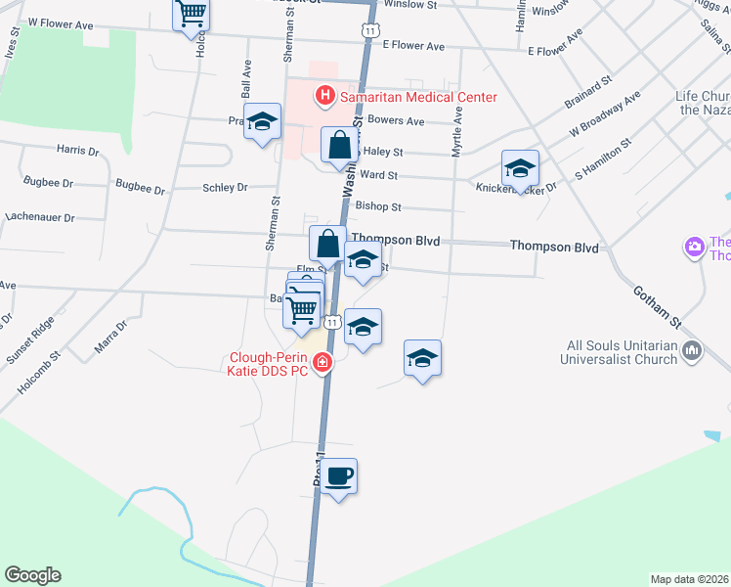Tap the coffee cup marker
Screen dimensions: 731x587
pyautogui.click(x=339, y=477)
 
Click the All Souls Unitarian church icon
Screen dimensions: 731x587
pyautogui.click(x=693, y=349)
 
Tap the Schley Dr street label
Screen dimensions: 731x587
pyautogui.click(x=226, y=187)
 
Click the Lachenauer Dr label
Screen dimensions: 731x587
pyautogui.click(x=40, y=217)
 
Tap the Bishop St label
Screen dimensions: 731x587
pyautogui.click(x=378, y=207)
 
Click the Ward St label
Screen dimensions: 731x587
pyautogui.click(x=378, y=175)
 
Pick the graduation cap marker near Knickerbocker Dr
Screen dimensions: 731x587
pyautogui.click(x=520, y=168)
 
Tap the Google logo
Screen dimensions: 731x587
pyautogui.click(x=32, y=575)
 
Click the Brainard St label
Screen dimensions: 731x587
pyautogui.click(x=587, y=92)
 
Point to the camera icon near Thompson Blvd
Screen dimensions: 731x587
pyautogui.click(x=695, y=247)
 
